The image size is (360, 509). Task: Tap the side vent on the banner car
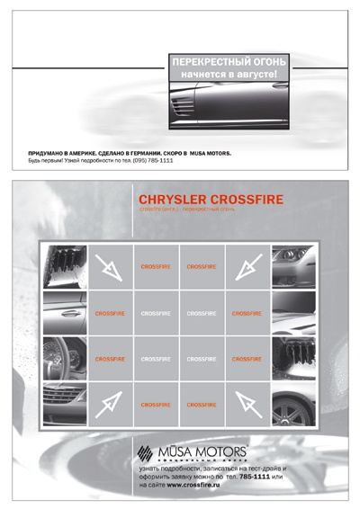click(x=182, y=106)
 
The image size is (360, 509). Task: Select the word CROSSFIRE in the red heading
click(x=249, y=199)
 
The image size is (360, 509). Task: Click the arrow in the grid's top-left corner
click(x=110, y=266)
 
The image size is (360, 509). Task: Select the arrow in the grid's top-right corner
click(x=247, y=266)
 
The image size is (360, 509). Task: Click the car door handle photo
click(x=65, y=313)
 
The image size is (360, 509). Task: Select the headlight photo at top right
click(x=293, y=266)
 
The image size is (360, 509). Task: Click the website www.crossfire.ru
click(x=196, y=485)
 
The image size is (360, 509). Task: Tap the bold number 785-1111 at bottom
click(x=253, y=477)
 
